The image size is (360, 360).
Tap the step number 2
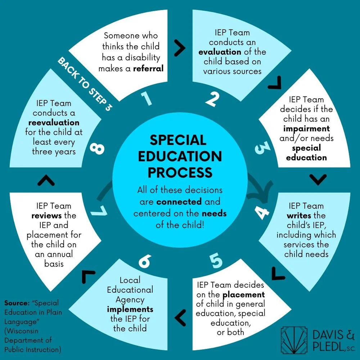point(213,99)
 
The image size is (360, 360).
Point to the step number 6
point(145,261)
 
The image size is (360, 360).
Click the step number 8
point(97,149)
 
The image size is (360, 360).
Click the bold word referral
point(148,68)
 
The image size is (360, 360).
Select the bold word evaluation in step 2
point(220,52)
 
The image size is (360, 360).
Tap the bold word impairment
point(306,129)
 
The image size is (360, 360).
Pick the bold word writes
point(299,216)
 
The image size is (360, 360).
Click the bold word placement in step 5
point(244,294)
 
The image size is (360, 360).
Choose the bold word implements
point(130,310)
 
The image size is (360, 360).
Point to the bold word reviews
point(46,216)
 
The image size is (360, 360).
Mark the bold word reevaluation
point(54,123)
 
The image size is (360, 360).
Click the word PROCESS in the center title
point(180,172)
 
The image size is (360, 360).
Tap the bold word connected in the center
point(179,202)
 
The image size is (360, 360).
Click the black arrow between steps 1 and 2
point(180,48)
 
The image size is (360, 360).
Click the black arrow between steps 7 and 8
point(46,180)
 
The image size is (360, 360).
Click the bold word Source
point(17,303)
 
